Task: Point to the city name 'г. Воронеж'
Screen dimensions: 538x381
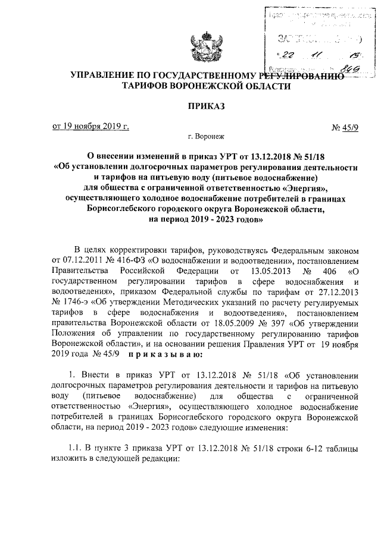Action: point(205,137)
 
